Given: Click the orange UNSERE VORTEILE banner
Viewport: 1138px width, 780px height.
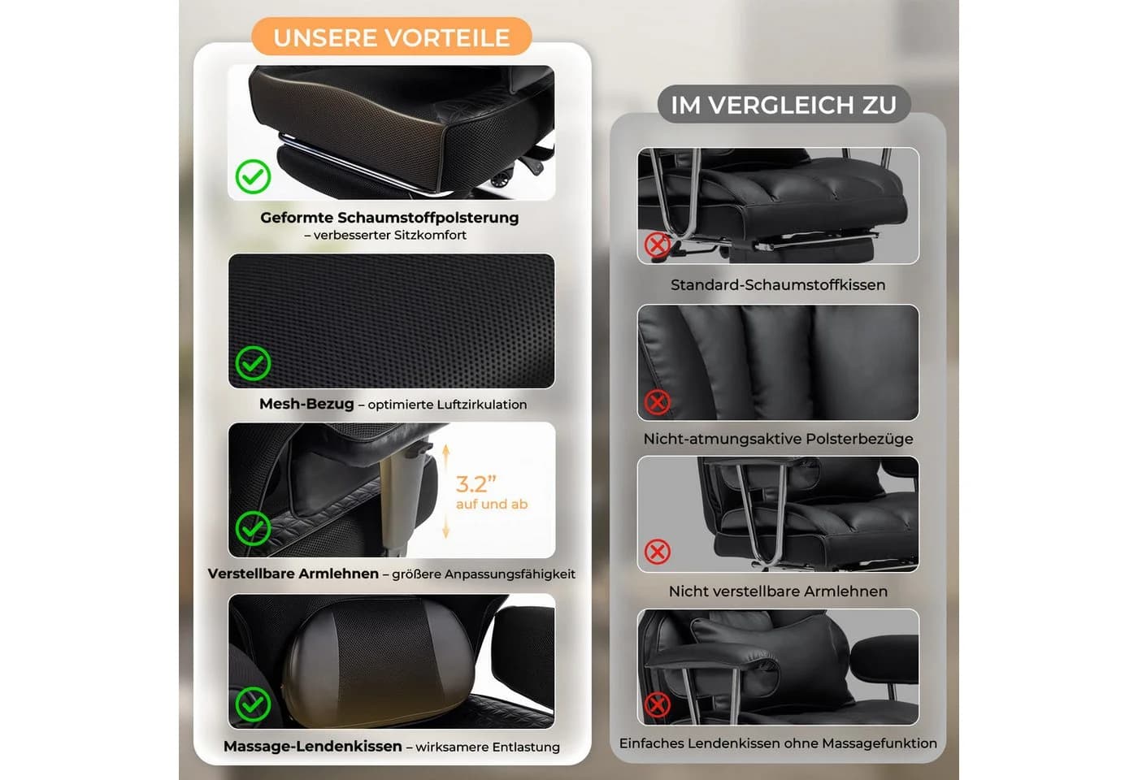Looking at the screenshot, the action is (391, 37).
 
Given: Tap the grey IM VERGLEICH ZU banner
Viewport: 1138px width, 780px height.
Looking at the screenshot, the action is (784, 105).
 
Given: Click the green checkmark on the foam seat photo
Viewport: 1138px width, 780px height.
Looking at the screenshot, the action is (253, 177).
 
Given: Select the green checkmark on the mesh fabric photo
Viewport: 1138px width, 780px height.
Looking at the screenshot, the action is (253, 364).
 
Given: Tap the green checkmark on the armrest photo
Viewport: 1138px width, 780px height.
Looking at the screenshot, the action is (253, 529).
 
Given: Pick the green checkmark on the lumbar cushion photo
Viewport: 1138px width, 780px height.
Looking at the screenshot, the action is (253, 704).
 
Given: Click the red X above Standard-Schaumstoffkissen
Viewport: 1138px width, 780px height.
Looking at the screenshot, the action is (658, 245).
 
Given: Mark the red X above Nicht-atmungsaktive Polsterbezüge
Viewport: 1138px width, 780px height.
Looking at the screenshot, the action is (658, 402).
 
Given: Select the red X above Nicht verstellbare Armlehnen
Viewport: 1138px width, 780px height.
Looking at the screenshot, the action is (658, 552).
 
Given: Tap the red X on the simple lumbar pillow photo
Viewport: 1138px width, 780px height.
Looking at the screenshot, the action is (658, 705).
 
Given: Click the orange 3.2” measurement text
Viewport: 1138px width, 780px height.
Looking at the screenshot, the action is (476, 484).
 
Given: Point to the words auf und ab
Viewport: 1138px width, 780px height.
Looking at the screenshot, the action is (492, 504).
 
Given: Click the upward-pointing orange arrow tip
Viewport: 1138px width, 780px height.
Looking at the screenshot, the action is (446, 445).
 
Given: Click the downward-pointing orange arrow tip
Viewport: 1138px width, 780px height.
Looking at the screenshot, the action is (446, 536).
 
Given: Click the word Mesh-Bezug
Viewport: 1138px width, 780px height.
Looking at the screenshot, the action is (306, 404).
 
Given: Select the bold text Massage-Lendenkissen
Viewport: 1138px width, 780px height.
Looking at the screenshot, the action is (313, 746).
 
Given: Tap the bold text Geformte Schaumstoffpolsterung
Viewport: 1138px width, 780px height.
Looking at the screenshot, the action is (389, 218).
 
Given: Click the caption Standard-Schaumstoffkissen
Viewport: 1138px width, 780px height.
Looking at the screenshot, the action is (778, 285).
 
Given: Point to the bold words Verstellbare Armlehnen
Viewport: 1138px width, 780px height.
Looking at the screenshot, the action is (293, 574).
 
